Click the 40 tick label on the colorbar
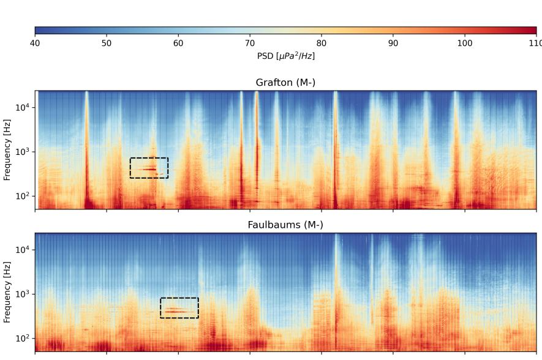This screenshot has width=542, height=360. pyautogui.click(x=35, y=43)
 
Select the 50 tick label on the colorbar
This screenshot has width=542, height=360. pyautogui.click(x=107, y=43)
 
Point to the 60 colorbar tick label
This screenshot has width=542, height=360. pyautogui.click(x=178, y=43)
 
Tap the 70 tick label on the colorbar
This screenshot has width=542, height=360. pyautogui.click(x=250, y=43)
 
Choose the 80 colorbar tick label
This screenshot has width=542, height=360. pyautogui.click(x=322, y=43)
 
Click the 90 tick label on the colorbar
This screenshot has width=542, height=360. pyautogui.click(x=393, y=43)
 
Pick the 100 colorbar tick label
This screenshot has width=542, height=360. pyautogui.click(x=465, y=43)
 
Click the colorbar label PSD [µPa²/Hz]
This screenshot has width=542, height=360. pyautogui.click(x=286, y=56)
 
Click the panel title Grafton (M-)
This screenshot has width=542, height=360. pyautogui.click(x=285, y=83)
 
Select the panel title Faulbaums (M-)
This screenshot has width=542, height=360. pyautogui.click(x=285, y=225)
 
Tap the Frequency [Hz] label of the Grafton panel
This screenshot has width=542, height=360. pyautogui.click(x=7, y=150)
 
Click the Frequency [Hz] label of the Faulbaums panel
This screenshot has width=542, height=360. pyautogui.click(x=7, y=292)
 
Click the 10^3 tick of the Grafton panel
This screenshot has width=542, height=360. pyautogui.click(x=23, y=152)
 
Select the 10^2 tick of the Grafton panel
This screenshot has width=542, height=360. pyautogui.click(x=23, y=196)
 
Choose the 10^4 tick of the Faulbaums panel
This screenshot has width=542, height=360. pyautogui.click(x=23, y=250)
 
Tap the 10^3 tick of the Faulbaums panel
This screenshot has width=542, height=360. pyautogui.click(x=23, y=294)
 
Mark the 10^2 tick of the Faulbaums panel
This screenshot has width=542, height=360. pyautogui.click(x=23, y=338)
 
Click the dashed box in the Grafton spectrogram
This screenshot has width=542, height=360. pyautogui.click(x=149, y=168)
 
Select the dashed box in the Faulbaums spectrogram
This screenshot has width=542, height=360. pyautogui.click(x=179, y=308)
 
